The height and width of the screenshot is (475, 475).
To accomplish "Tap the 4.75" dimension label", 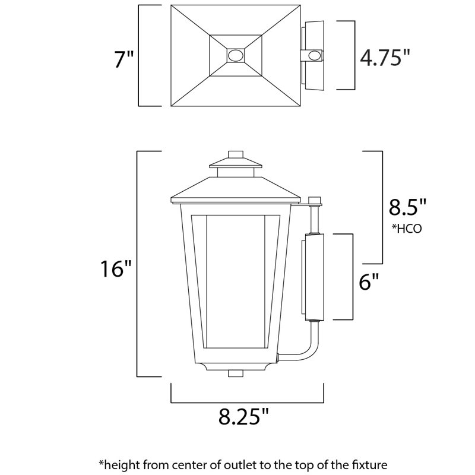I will [385, 58].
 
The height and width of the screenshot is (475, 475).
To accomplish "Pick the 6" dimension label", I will [369, 281].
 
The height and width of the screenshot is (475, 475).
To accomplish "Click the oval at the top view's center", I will [236, 56].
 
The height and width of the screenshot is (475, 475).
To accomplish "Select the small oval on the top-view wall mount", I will [313, 56].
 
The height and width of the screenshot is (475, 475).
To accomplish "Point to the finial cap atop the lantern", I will [236, 156].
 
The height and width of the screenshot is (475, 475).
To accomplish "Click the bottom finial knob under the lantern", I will [236, 374].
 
